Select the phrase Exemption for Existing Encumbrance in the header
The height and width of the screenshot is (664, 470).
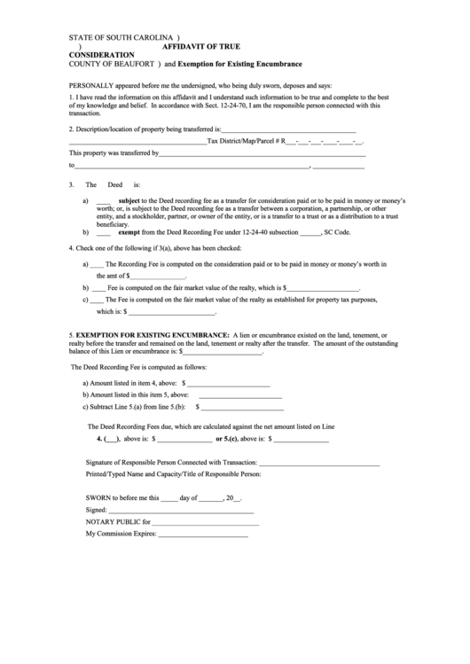239,65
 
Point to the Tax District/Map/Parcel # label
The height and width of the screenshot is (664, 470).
243,141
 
